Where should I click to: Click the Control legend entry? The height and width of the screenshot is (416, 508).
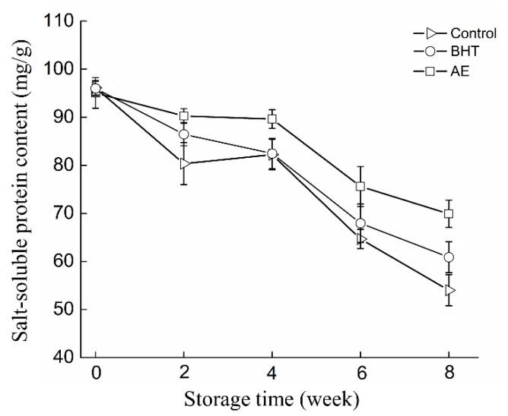point(468,33)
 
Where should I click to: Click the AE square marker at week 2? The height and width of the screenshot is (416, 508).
point(184,116)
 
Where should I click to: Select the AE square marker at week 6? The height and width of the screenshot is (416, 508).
point(360,186)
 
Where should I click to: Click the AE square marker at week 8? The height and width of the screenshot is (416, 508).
point(449,214)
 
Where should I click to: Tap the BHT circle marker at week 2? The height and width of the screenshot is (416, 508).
point(184,134)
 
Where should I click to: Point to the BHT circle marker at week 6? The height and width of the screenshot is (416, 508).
point(360,223)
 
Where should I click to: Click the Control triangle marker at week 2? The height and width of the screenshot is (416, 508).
point(184,163)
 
